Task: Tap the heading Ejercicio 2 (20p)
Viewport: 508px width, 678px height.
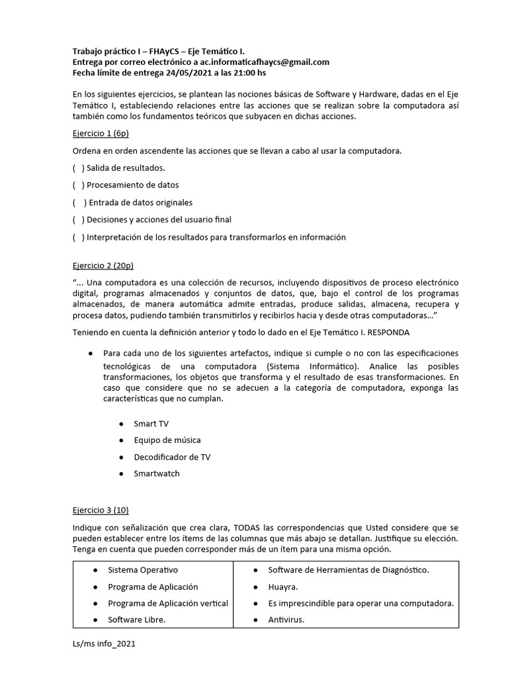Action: pos(103,266)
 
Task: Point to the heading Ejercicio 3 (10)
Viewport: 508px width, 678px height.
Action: pos(101,511)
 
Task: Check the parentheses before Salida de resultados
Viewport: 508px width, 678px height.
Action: pos(79,168)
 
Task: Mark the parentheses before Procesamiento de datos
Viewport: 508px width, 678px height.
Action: pos(79,185)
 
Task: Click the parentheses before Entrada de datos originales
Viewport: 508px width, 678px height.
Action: pos(79,203)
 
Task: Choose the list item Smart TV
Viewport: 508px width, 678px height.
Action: pos(151,423)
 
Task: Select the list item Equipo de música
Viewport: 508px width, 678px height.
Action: pos(167,440)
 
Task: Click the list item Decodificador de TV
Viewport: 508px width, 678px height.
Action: pos(172,457)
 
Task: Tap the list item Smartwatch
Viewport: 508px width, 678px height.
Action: pos(156,474)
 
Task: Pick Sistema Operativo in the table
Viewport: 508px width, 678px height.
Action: pos(143,569)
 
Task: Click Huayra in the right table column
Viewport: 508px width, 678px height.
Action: pos(283,587)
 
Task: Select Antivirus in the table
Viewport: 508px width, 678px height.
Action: pos(286,620)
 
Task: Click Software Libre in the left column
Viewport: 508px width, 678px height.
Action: pos(136,620)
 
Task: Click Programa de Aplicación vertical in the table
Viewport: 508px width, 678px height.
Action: pos(168,603)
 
